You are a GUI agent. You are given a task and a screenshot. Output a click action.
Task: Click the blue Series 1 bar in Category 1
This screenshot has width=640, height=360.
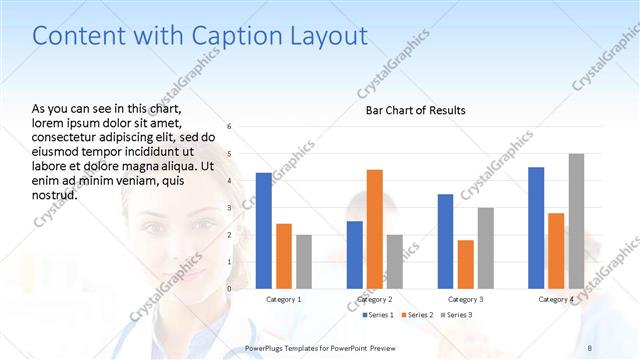(x=264, y=231)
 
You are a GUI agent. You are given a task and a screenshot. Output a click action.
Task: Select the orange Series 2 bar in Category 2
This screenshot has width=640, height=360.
(x=375, y=229)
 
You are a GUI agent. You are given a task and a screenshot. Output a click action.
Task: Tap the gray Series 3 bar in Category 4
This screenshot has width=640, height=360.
(x=576, y=221)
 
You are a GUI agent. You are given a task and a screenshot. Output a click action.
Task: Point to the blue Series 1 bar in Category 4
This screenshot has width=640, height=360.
(x=536, y=228)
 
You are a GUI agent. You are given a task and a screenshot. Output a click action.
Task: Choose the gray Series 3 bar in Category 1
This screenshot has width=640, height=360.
(x=304, y=262)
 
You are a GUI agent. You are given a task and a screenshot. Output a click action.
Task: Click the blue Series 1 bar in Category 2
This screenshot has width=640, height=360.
(x=355, y=255)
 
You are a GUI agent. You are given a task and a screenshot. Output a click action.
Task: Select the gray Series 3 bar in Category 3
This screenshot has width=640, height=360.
(x=486, y=248)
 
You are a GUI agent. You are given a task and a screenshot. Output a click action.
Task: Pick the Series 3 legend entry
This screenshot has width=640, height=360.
(x=457, y=316)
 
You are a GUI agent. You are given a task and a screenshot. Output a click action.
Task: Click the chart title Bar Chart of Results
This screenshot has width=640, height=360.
(x=415, y=110)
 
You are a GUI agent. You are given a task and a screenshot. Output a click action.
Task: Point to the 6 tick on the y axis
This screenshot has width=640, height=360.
(x=230, y=127)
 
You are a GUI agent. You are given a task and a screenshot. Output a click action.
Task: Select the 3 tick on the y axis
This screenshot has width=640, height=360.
(x=230, y=208)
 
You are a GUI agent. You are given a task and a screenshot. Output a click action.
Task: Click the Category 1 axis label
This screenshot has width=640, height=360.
(x=284, y=299)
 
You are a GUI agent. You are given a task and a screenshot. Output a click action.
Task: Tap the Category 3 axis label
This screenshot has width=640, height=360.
(x=466, y=299)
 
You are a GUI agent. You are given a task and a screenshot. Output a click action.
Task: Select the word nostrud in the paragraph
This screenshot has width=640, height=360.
(x=56, y=194)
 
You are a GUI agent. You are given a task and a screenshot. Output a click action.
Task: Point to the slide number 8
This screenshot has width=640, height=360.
(x=590, y=347)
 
